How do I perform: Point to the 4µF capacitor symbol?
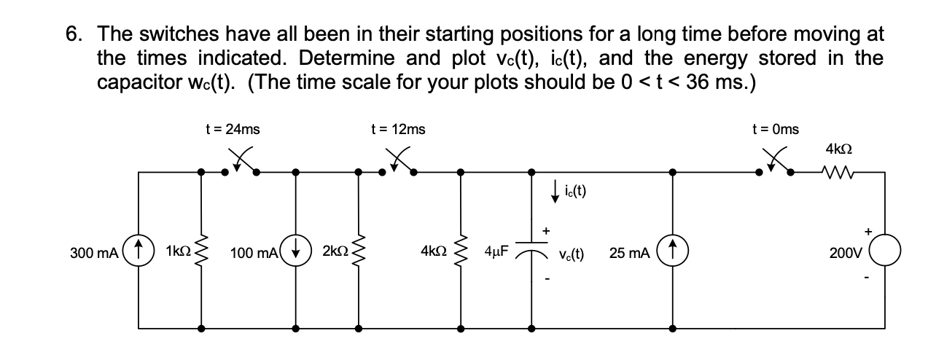530,249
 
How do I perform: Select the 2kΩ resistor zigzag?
358,252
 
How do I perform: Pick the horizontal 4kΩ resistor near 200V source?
836,173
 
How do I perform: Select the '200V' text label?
844,253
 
